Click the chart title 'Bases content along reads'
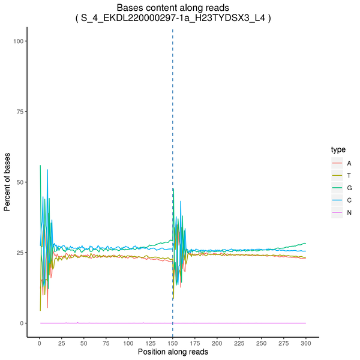coord(173,8)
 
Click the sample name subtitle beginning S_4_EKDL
coord(173,19)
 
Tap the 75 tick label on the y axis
coord(20,111)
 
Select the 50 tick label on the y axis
coord(20,182)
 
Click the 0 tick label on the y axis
coord(22,323)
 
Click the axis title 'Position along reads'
coord(173,352)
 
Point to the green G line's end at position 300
coord(305,244)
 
